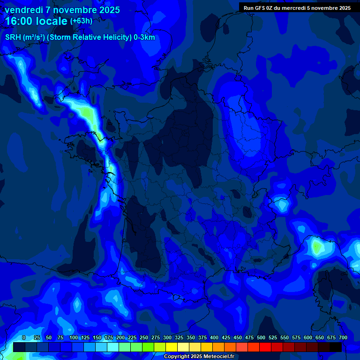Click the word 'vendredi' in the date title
(x=23, y=10)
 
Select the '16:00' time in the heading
(x=19, y=21)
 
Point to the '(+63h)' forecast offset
(x=81, y=21)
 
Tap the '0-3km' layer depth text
(x=143, y=37)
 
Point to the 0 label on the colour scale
(x=24, y=338)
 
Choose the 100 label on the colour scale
(x=74, y=338)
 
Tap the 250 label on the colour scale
(x=144, y=338)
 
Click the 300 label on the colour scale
(x=167, y=338)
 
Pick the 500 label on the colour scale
(x=261, y=338)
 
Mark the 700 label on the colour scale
(x=343, y=338)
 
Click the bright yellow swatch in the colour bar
(x=172, y=347)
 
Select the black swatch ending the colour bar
(x=336, y=347)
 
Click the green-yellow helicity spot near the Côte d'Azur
(x=317, y=246)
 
